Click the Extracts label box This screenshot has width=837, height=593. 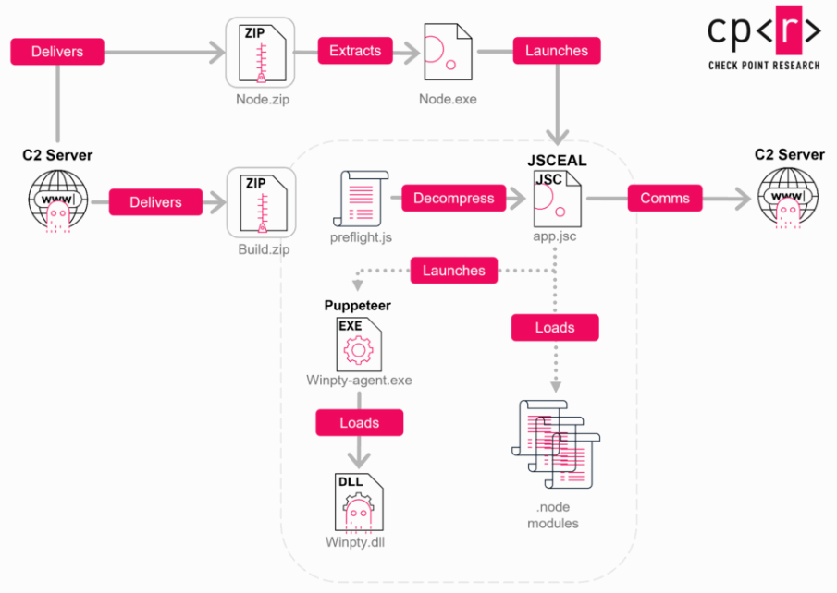355,51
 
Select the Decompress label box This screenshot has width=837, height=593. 454,198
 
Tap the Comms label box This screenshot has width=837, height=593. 665,198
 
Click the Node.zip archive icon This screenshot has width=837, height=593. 261,53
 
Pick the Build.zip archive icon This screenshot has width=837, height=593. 262,202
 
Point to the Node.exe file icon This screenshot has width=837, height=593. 448,52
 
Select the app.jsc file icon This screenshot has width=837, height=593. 558,199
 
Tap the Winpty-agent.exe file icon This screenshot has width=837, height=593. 359,345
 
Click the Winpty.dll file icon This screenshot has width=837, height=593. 359,502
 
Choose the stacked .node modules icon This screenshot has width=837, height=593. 556,444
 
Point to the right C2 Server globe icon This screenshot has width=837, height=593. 788,198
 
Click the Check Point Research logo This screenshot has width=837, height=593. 764,39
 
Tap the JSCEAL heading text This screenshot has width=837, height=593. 557,160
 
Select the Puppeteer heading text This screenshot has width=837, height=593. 358,305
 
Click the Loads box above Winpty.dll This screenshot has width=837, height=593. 359,422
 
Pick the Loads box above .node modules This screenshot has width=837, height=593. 555,327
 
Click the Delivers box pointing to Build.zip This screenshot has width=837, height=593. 155,202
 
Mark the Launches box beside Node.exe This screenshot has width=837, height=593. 557,51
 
